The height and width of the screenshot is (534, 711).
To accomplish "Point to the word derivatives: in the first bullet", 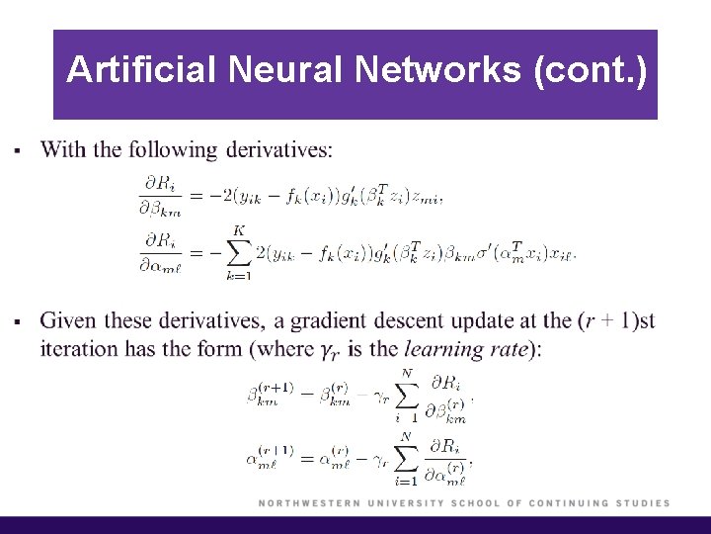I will [279, 150].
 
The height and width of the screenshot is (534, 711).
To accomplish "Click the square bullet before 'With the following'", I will [15, 151].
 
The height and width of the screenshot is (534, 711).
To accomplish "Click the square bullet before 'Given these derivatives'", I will [15, 322].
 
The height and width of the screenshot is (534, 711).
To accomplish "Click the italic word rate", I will [512, 349].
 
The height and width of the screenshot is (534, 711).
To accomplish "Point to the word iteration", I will [82, 349].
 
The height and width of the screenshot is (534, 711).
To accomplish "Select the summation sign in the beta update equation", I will [405, 396].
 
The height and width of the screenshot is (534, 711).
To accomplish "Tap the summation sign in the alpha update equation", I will [405, 457].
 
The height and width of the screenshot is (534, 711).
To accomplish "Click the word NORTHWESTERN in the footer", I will [309, 503].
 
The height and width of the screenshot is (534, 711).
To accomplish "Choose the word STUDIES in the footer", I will [637, 503].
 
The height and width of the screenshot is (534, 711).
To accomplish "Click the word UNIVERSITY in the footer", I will [405, 503].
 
